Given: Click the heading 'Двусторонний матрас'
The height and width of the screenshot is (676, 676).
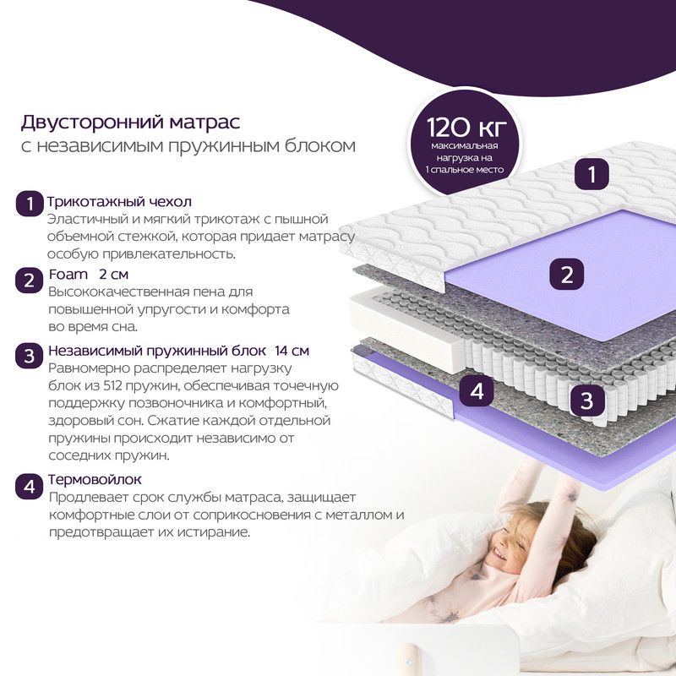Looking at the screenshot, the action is (x=130, y=123).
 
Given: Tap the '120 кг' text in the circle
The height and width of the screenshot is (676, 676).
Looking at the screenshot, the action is (x=466, y=128).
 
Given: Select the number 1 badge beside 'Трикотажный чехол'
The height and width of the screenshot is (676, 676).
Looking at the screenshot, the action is (x=30, y=203).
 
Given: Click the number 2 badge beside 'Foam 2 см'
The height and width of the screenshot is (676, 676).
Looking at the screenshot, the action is (x=30, y=281).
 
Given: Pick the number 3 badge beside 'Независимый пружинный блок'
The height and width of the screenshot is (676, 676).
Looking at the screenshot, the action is (x=30, y=356).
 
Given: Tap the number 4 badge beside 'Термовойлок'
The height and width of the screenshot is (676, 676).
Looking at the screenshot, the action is (x=30, y=487).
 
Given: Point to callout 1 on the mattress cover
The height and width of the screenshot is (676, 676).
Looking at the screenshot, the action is (x=591, y=174).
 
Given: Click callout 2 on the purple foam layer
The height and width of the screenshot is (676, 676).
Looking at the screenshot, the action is (x=566, y=275).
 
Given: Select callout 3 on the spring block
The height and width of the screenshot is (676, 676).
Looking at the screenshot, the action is (x=586, y=400).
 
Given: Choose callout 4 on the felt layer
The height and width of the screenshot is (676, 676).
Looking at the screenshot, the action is (x=477, y=390).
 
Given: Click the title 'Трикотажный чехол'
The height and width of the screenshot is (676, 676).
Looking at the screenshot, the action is (x=119, y=201).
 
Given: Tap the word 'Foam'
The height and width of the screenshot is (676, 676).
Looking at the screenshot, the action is (x=68, y=274).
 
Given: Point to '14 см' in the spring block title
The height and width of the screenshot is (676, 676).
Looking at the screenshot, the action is (x=292, y=351).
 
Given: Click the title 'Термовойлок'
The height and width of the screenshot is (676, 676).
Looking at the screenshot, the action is (x=95, y=479).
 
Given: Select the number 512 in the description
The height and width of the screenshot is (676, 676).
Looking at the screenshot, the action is (x=113, y=385).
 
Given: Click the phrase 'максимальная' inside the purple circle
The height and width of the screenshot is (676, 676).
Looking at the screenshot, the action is (x=465, y=145).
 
